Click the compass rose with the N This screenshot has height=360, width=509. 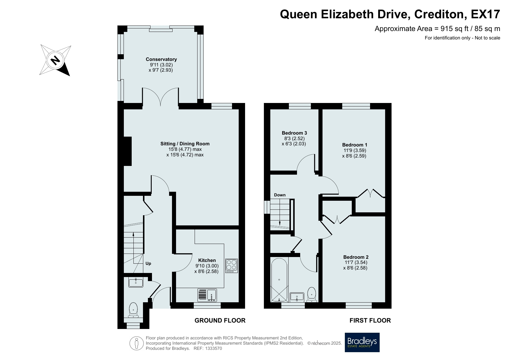click(x=55, y=60)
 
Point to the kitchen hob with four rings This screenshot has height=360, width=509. click(x=231, y=266)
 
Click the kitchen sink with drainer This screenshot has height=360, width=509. click(x=207, y=295)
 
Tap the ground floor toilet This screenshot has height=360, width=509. click(x=133, y=310)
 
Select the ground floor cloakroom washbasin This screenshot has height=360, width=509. click(x=136, y=282)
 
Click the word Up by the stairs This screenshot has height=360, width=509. click(x=148, y=263)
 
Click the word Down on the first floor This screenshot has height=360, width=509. click(x=280, y=195)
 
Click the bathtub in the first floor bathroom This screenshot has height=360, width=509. click(x=279, y=280)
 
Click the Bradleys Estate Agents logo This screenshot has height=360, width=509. click(x=362, y=342)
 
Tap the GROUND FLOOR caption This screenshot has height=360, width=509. click(x=220, y=320)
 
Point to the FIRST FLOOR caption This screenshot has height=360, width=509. click(x=370, y=320)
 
